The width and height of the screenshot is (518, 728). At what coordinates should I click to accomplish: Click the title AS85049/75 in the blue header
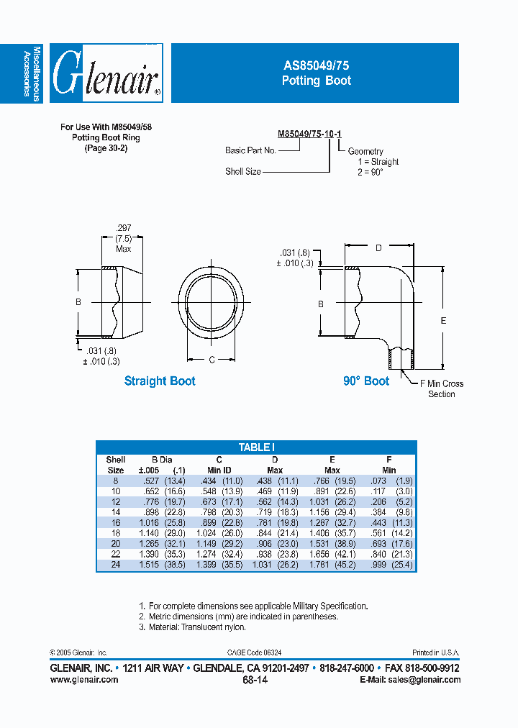pyautogui.click(x=316, y=65)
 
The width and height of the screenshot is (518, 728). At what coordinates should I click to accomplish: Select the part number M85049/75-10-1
pyautogui.click(x=309, y=134)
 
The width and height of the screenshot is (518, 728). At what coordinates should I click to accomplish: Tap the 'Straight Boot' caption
pyautogui.click(x=160, y=381)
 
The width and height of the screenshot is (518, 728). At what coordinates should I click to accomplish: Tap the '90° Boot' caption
pyautogui.click(x=365, y=381)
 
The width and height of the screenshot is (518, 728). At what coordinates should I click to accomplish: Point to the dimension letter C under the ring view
pyautogui.click(x=212, y=360)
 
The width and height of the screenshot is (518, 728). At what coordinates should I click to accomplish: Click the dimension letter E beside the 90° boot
pyautogui.click(x=443, y=321)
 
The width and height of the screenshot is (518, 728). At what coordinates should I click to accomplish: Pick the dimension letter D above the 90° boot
pyautogui.click(x=378, y=248)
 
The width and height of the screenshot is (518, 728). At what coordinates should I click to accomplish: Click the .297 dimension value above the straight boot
pyautogui.click(x=123, y=227)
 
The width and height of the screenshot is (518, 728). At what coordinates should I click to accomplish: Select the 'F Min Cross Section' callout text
pyautogui.click(x=441, y=389)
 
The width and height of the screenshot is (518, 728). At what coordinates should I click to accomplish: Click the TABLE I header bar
pyautogui.click(x=256, y=447)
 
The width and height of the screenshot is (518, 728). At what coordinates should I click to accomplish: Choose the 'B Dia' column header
pyautogui.click(x=161, y=460)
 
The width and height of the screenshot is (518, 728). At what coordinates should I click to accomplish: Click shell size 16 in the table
pyautogui.click(x=115, y=522)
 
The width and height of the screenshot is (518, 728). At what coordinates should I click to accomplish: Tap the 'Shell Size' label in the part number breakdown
pyautogui.click(x=242, y=172)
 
